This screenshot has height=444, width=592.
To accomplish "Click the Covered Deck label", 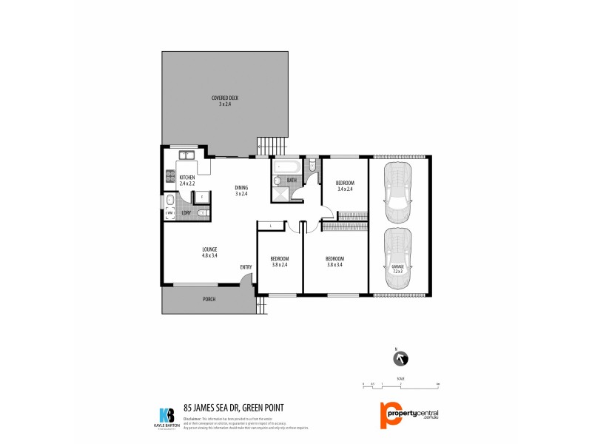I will tap(224, 101).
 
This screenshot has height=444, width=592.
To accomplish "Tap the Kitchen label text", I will tap(187, 180).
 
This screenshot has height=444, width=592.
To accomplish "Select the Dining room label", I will tap(241, 190).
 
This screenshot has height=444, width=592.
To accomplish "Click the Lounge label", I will tap(209, 252).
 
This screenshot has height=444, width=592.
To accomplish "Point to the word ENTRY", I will tap(246, 266).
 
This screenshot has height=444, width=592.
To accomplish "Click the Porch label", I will tap(209, 300).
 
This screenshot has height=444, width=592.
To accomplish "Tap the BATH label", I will tap(292, 180).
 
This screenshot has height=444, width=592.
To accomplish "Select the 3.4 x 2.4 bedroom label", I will tap(345, 186).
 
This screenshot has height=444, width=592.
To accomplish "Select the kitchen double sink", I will tap(186, 155).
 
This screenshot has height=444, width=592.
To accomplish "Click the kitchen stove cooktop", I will tap(168, 178).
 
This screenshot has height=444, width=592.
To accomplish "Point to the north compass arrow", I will tap(400, 359).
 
